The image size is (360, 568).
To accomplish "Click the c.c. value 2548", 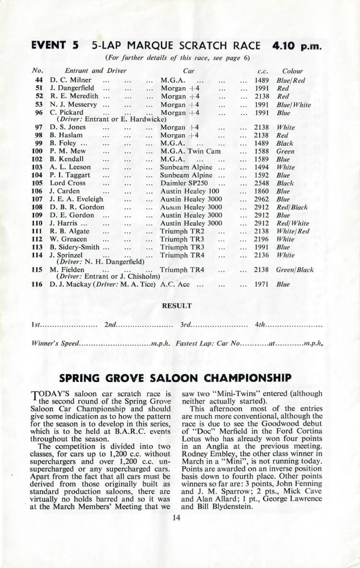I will tap(261, 183).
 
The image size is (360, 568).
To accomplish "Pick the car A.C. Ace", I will tap(175, 284).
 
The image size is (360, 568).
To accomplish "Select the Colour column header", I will tap(292, 71).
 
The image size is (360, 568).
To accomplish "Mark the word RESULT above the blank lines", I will tap(177, 306).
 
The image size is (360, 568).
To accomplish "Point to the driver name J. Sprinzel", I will tap(67, 255).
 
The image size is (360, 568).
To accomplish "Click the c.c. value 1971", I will tap(261, 284).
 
